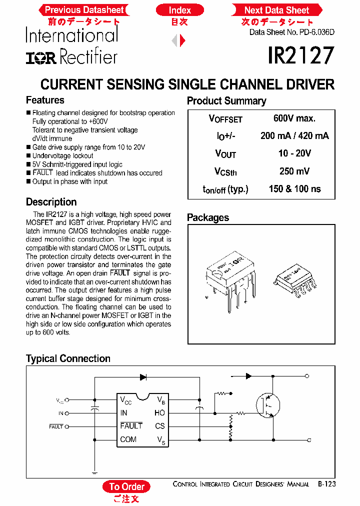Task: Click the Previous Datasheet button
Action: [84, 10]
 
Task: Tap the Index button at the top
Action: [179, 10]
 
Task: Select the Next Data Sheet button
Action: [276, 10]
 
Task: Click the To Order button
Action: [126, 486]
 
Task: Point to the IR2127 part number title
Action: [300, 56]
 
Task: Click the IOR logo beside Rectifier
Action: [42, 58]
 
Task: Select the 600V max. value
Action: [294, 118]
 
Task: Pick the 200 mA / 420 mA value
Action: [294, 136]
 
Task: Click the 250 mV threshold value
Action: [294, 171]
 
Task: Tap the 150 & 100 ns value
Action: [294, 189]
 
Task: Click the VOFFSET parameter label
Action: [225, 119]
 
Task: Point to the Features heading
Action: [45, 100]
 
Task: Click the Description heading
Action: [51, 202]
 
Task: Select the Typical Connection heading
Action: [68, 358]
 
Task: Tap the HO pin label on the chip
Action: [159, 413]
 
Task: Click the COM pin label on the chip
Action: [128, 439]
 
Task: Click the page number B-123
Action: [326, 484]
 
